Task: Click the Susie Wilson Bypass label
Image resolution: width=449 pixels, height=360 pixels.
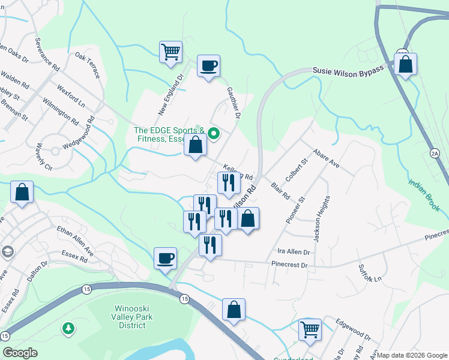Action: click(x=348, y=71)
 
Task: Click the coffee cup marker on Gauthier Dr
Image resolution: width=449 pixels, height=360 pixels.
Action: click(x=208, y=66)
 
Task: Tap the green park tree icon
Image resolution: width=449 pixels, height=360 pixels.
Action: click(x=68, y=328)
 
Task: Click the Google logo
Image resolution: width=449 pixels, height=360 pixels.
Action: click(x=20, y=353)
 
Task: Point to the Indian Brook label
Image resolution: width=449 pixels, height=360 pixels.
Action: click(x=425, y=195)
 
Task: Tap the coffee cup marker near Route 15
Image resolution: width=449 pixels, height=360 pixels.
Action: click(x=165, y=259)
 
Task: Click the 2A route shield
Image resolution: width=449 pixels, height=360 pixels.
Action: click(x=435, y=154)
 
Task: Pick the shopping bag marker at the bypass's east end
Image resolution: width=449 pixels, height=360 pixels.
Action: click(x=405, y=64)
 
